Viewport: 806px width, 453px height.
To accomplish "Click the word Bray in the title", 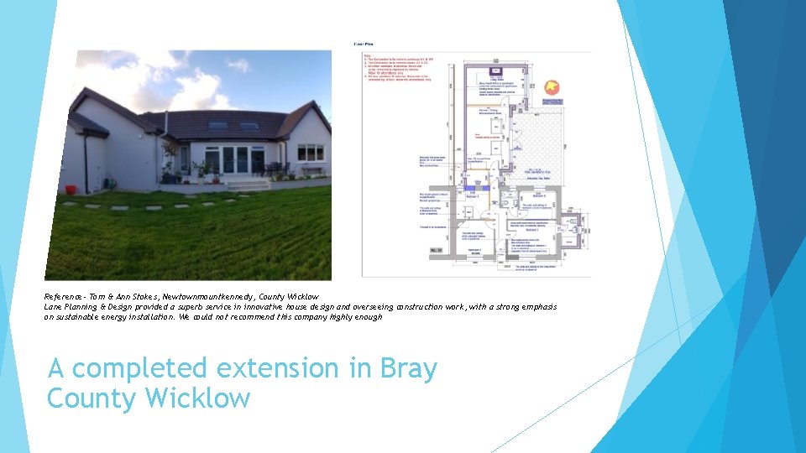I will click(409, 368).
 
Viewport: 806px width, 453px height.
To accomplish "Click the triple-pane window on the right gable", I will click(310, 153).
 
